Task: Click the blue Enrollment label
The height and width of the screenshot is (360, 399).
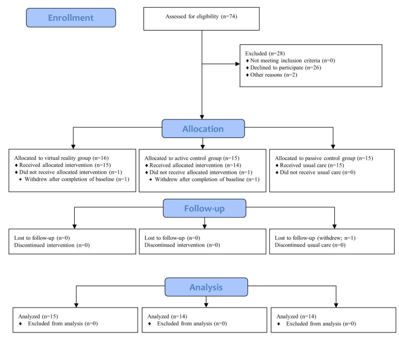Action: click(x=71, y=17)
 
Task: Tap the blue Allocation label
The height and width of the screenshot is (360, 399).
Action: click(x=203, y=129)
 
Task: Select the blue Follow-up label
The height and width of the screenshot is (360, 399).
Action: click(x=204, y=208)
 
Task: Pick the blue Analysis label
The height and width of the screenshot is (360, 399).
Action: click(x=206, y=287)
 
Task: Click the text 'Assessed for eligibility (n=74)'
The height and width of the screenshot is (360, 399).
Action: click(x=201, y=16)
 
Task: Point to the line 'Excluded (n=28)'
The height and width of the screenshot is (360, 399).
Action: click(x=265, y=53)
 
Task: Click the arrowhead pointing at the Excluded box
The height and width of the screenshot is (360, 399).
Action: click(x=238, y=64)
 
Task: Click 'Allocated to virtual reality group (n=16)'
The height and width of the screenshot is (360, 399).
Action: click(x=61, y=158)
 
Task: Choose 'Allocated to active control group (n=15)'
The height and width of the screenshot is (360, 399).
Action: click(x=192, y=158)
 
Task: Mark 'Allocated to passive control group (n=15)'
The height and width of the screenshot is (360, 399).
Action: click(x=324, y=158)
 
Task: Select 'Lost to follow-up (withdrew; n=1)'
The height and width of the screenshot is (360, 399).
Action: click(x=315, y=238)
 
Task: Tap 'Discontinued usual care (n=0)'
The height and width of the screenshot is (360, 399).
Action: click(x=310, y=245)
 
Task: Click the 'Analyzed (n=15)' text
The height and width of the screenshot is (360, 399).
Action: click(x=38, y=317)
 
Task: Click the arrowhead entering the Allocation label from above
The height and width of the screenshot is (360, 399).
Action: click(x=202, y=117)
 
